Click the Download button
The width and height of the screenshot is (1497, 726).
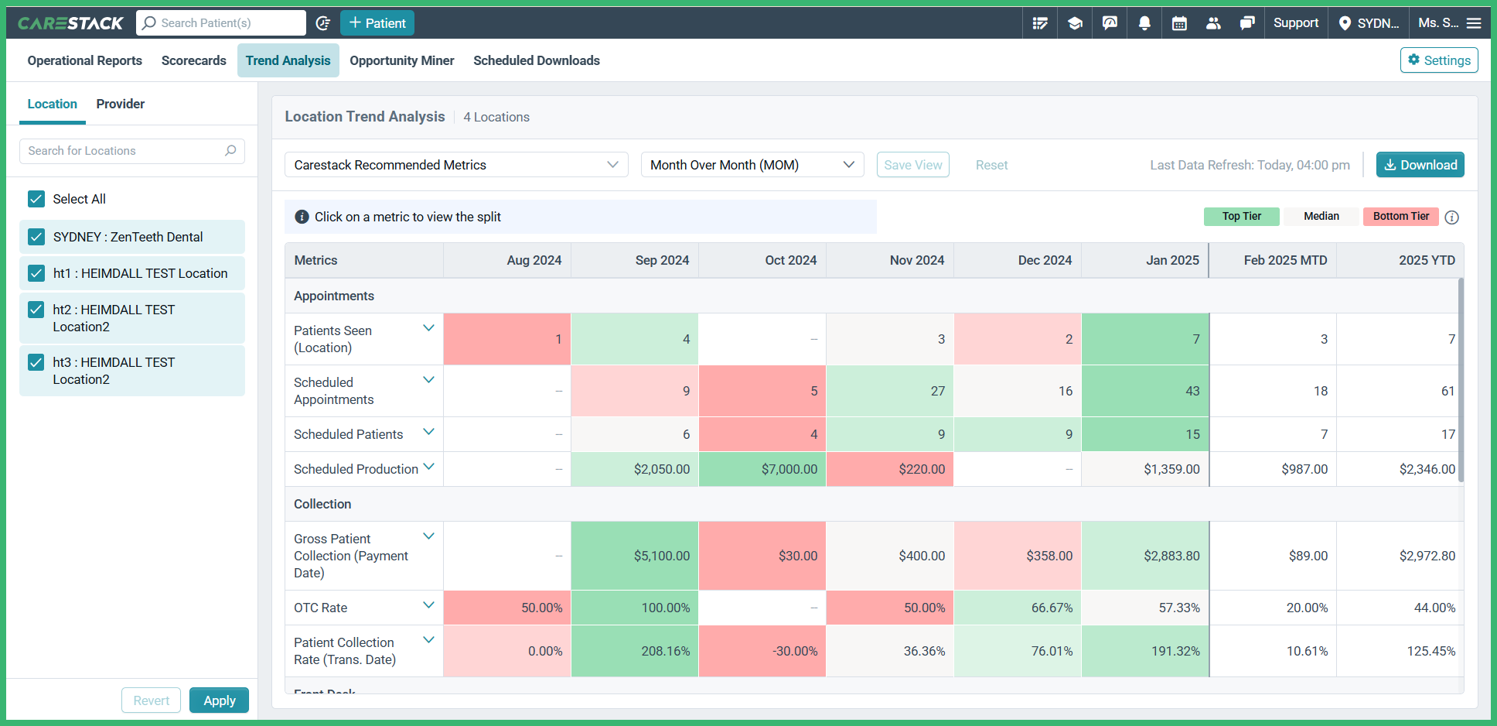coord(1420,165)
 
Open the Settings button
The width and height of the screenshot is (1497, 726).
coord(1438,60)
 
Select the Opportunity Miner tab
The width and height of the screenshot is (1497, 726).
coord(401,60)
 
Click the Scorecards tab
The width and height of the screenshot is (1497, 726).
coord(193,60)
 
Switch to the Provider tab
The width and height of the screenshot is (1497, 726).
coord(120,104)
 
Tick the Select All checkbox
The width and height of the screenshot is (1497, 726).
coord(36,199)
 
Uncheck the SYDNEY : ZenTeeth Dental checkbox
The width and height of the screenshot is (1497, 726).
coord(36,237)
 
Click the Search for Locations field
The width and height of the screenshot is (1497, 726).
coord(124,151)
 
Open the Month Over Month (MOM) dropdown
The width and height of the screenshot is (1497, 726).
coord(752,165)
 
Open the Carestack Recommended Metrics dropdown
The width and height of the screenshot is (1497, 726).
coord(456,165)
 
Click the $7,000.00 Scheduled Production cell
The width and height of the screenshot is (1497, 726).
coord(762,469)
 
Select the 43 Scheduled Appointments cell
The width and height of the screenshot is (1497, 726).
coord(1145,391)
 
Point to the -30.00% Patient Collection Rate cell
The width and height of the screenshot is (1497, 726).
coord(762,651)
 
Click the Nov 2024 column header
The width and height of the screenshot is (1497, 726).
coord(916,260)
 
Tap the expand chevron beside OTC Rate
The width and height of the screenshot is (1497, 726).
coord(428,605)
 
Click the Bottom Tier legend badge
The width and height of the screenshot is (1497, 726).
coord(1400,217)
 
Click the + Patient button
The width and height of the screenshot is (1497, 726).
coord(377,23)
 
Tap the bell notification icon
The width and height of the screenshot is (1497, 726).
coord(1144,23)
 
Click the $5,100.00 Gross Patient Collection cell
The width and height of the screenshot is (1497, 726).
coord(635,556)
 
